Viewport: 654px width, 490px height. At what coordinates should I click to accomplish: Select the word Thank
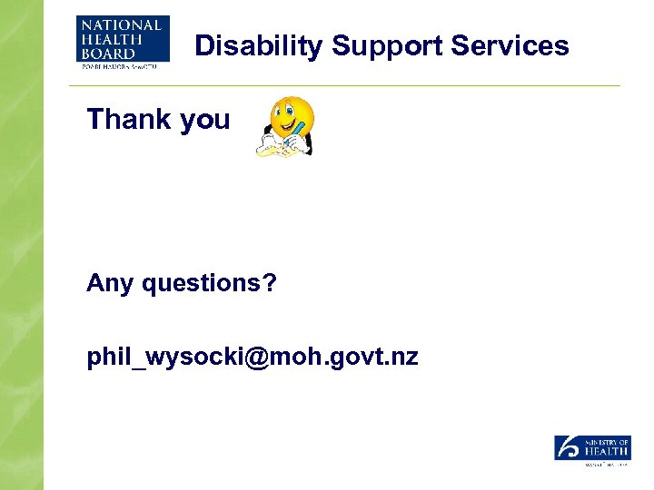128,119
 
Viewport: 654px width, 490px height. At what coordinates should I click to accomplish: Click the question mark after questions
269,283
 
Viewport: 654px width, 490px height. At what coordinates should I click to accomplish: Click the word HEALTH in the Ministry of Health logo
608,452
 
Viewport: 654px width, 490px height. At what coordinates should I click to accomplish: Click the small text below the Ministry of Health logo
603,464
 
